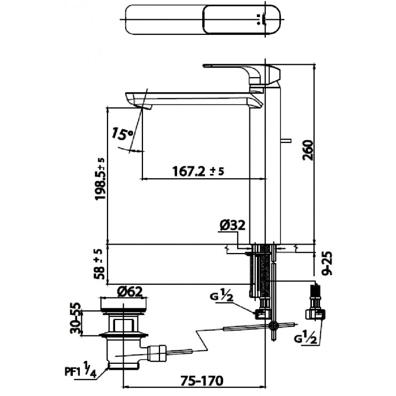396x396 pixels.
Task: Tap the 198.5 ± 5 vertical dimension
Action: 100,179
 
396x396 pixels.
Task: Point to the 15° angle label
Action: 122,134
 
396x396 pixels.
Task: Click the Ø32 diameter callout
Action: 232,225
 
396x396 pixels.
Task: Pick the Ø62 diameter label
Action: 129,292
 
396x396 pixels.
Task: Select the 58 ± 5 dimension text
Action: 100,265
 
